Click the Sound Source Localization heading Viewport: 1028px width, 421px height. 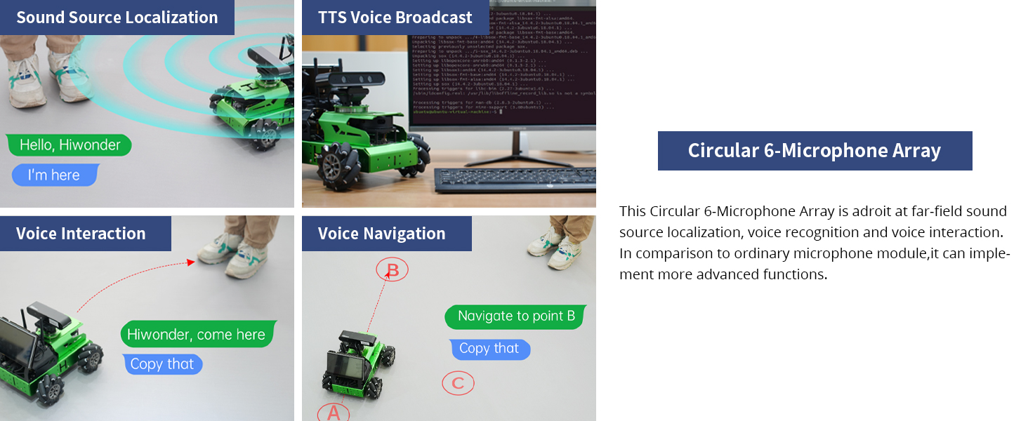point(117,18)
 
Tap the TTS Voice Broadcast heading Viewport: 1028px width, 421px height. point(395,18)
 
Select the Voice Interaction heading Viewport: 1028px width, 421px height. point(81,234)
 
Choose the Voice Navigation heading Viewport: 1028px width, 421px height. point(381,234)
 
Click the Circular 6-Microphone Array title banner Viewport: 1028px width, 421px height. point(815,151)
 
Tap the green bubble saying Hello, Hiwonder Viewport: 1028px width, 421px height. point(70,145)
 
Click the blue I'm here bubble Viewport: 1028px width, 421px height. point(54,175)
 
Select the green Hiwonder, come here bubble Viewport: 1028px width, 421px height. point(197,335)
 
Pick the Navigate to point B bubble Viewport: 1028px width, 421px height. point(515,316)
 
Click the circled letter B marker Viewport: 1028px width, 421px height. point(393,269)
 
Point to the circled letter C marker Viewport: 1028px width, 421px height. point(458,383)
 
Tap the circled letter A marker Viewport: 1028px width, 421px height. point(334,413)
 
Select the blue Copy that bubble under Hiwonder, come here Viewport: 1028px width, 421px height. point(162,364)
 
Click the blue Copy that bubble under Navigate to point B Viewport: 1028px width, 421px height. point(489,349)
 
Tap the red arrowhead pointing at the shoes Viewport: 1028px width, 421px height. point(190,262)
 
